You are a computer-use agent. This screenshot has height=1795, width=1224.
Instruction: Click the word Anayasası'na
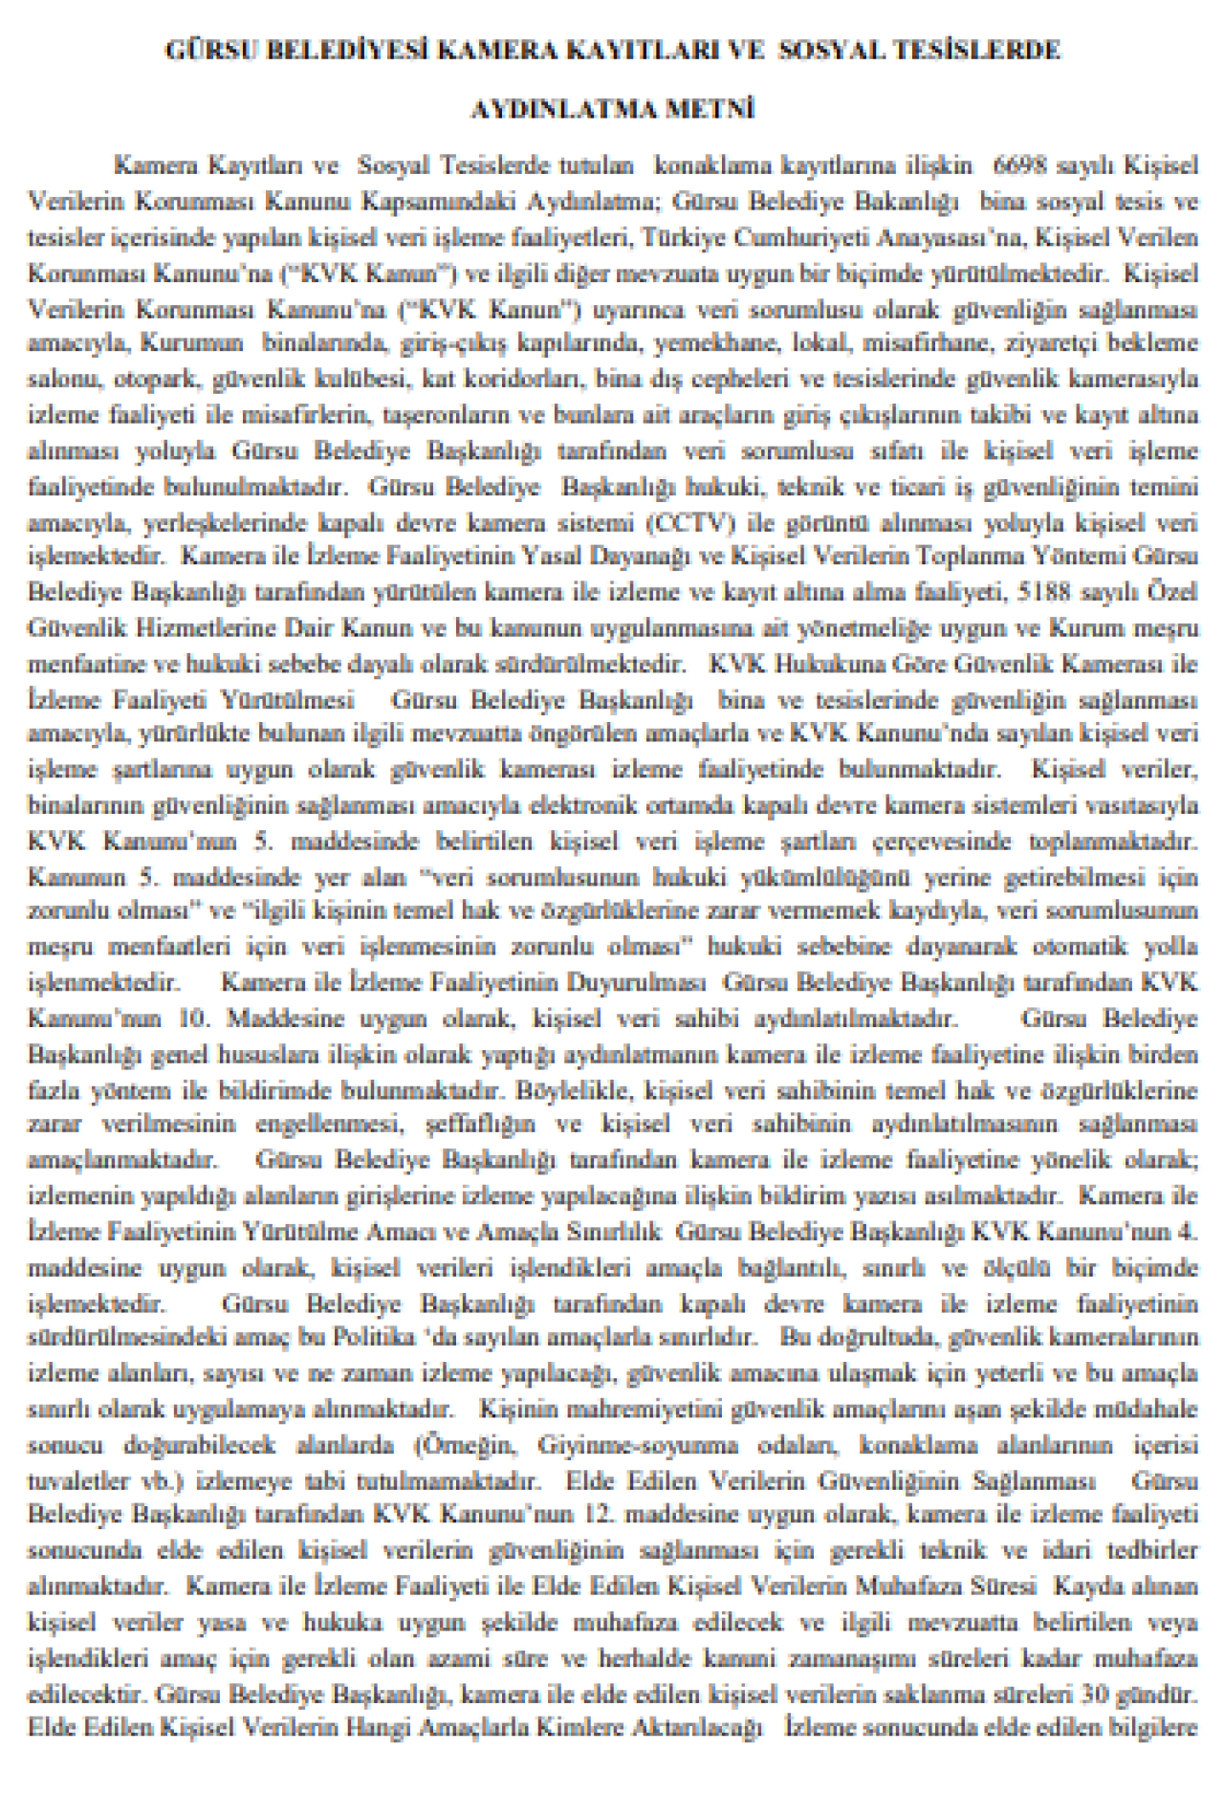[963, 236]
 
